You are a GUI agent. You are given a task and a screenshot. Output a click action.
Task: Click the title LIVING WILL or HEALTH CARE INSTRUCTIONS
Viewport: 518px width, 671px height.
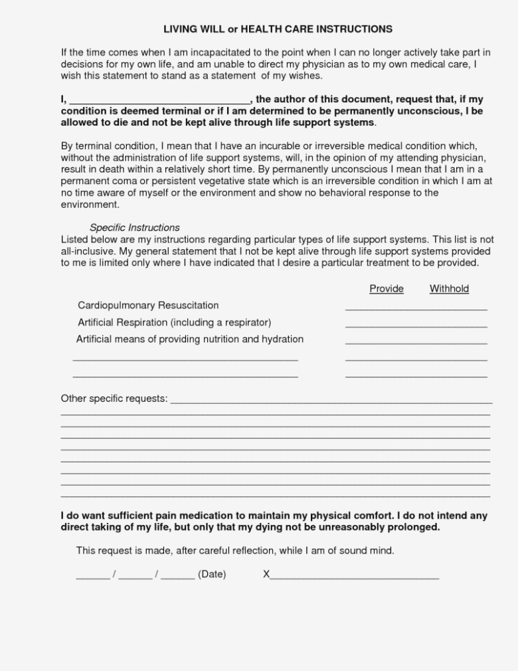(278, 29)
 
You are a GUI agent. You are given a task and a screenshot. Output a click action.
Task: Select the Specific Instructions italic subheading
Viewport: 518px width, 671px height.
(135, 227)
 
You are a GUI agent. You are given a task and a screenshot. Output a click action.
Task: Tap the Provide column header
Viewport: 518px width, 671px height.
(387, 288)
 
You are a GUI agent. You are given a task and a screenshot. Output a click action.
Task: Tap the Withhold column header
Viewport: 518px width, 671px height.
(449, 288)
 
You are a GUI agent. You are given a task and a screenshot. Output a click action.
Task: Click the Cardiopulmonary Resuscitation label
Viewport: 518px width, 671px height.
(148, 306)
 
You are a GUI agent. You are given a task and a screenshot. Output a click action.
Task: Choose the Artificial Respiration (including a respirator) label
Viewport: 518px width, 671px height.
(175, 322)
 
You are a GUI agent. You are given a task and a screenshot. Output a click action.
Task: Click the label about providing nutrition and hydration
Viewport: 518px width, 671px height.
(190, 339)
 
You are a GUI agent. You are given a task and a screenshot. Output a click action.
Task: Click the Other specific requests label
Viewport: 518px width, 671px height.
(114, 399)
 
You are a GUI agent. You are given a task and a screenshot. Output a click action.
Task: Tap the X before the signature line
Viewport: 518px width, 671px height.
(266, 575)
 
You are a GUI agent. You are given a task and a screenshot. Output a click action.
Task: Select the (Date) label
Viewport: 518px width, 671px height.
(212, 575)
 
